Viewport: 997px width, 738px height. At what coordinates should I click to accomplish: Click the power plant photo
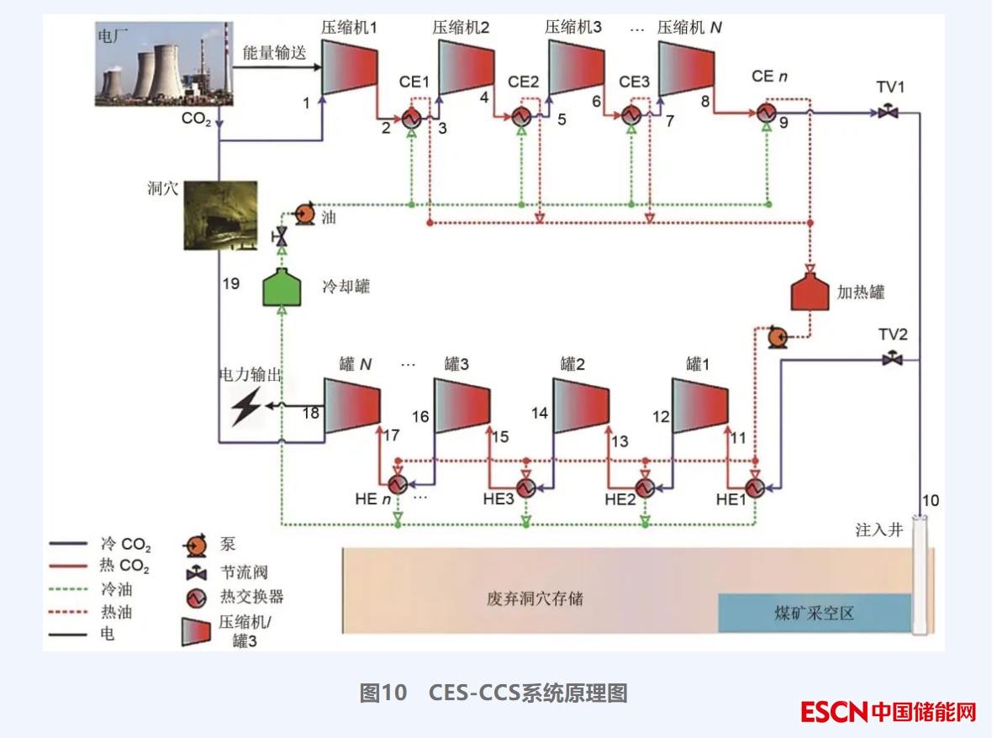click(x=163, y=68)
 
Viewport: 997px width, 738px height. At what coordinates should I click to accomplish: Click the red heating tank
click(x=810, y=291)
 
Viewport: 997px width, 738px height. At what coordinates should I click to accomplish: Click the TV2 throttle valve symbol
click(x=892, y=360)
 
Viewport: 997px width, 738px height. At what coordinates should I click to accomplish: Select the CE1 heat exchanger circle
click(x=411, y=117)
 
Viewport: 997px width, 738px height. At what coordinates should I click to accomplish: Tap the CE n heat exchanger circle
click(x=766, y=113)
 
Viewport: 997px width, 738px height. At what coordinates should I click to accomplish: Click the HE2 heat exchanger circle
click(x=645, y=487)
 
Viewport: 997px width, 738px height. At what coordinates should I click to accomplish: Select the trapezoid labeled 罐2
click(x=580, y=405)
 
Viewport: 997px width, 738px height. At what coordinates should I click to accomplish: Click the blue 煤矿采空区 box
click(x=814, y=613)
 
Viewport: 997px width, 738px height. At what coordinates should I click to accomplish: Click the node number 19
click(x=230, y=284)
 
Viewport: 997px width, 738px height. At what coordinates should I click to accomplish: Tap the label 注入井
click(x=878, y=530)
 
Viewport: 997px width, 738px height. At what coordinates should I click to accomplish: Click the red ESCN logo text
click(x=833, y=712)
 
